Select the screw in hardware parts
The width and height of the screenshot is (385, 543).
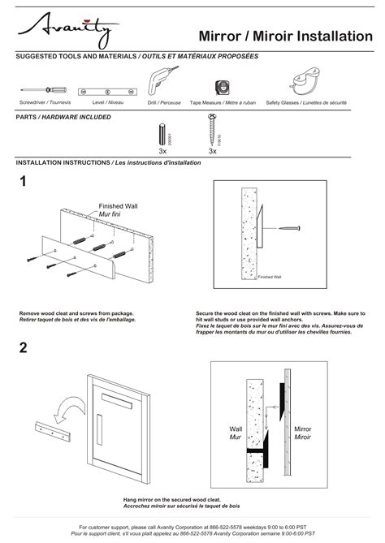tap(212, 130)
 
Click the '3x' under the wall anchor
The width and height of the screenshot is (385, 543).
tap(162, 151)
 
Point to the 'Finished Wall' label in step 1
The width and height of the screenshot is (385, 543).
tap(118, 206)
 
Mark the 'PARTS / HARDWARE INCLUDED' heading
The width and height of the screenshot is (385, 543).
tap(63, 117)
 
